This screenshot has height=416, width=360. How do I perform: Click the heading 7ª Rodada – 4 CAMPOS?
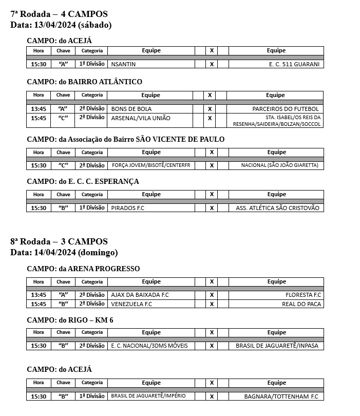click(x=59, y=14)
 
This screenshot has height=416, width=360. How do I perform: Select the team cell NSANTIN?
click(x=123, y=64)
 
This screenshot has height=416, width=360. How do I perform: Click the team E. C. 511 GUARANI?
click(x=294, y=64)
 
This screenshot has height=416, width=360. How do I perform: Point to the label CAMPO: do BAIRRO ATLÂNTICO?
click(x=84, y=82)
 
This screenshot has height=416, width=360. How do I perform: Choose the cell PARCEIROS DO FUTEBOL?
click(x=286, y=109)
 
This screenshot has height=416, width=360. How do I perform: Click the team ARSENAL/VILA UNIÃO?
click(x=141, y=118)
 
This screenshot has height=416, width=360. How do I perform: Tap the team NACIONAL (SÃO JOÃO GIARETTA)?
click(x=280, y=165)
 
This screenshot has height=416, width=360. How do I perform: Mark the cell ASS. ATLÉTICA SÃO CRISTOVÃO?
click(x=277, y=208)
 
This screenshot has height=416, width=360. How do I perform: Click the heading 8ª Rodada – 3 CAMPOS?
click(x=59, y=242)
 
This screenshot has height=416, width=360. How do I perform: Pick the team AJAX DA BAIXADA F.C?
click(x=140, y=295)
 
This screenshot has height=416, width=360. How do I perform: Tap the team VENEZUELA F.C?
click(x=131, y=304)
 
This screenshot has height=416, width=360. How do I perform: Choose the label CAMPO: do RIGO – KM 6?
click(x=70, y=320)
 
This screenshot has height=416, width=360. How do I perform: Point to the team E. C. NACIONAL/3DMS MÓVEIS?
click(x=149, y=346)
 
